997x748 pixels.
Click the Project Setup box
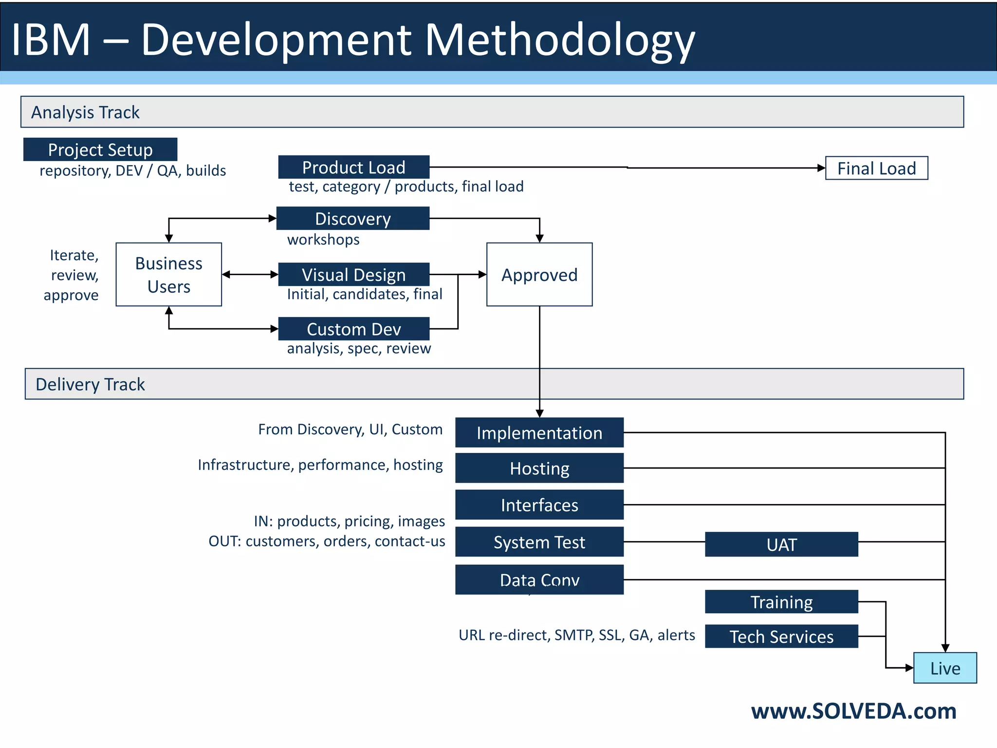click(100, 150)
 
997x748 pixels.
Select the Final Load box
click(876, 168)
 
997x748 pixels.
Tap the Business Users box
click(168, 275)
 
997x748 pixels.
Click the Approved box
click(539, 275)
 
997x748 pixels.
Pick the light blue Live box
click(945, 668)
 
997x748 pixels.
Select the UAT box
click(781, 544)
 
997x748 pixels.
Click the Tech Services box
click(781, 636)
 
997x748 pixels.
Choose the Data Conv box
click(539, 580)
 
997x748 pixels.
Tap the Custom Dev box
click(354, 329)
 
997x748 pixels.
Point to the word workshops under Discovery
click(323, 240)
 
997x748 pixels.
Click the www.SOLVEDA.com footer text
click(853, 711)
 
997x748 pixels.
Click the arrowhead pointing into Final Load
click(821, 168)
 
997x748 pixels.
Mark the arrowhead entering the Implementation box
click(539, 413)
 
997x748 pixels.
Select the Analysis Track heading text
click(85, 112)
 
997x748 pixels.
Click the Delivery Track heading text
click(90, 385)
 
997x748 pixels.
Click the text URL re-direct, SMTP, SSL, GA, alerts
click(577, 635)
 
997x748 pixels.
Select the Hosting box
click(539, 468)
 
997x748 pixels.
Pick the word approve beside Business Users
click(71, 295)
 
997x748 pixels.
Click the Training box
click(781, 602)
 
